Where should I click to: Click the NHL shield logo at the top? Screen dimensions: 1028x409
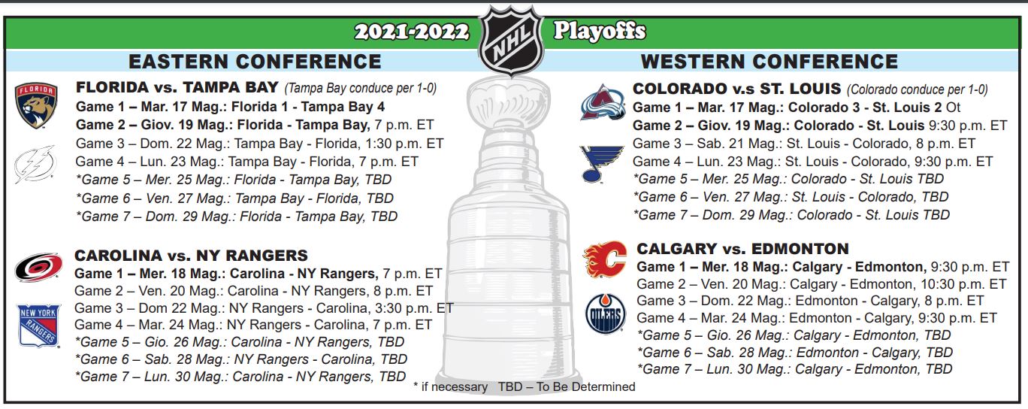511,40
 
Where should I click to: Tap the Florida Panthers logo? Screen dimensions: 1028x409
36,105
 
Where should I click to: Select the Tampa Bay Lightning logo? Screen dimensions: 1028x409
35,164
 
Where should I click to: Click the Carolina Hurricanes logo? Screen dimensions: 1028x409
38,267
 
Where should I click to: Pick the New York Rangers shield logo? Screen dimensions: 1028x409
39,326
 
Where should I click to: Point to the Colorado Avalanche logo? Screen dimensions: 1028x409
603,102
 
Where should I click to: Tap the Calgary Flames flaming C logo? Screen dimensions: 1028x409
605,259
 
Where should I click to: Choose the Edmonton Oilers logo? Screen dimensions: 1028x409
606,314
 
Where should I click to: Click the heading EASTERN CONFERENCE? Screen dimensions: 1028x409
255,62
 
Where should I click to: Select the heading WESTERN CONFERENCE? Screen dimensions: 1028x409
769,62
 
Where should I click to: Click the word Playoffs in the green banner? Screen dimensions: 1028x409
600,32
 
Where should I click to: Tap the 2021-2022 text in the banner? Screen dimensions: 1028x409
412,32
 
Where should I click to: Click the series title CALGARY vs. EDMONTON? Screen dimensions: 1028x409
742,249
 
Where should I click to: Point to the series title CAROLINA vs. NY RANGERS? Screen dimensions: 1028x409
191,255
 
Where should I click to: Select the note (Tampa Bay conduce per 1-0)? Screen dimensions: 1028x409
360,88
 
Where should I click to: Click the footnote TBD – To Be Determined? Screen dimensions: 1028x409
567,387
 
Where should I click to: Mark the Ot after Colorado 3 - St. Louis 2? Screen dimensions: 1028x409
953,108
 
